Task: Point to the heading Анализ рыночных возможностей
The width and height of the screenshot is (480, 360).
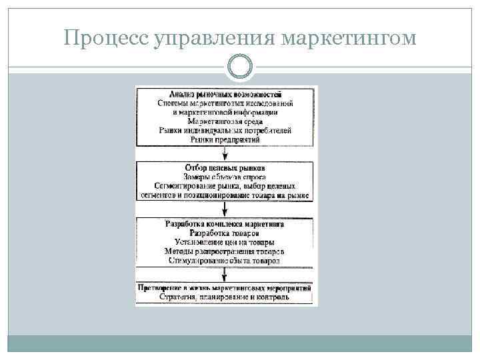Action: [226, 94]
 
